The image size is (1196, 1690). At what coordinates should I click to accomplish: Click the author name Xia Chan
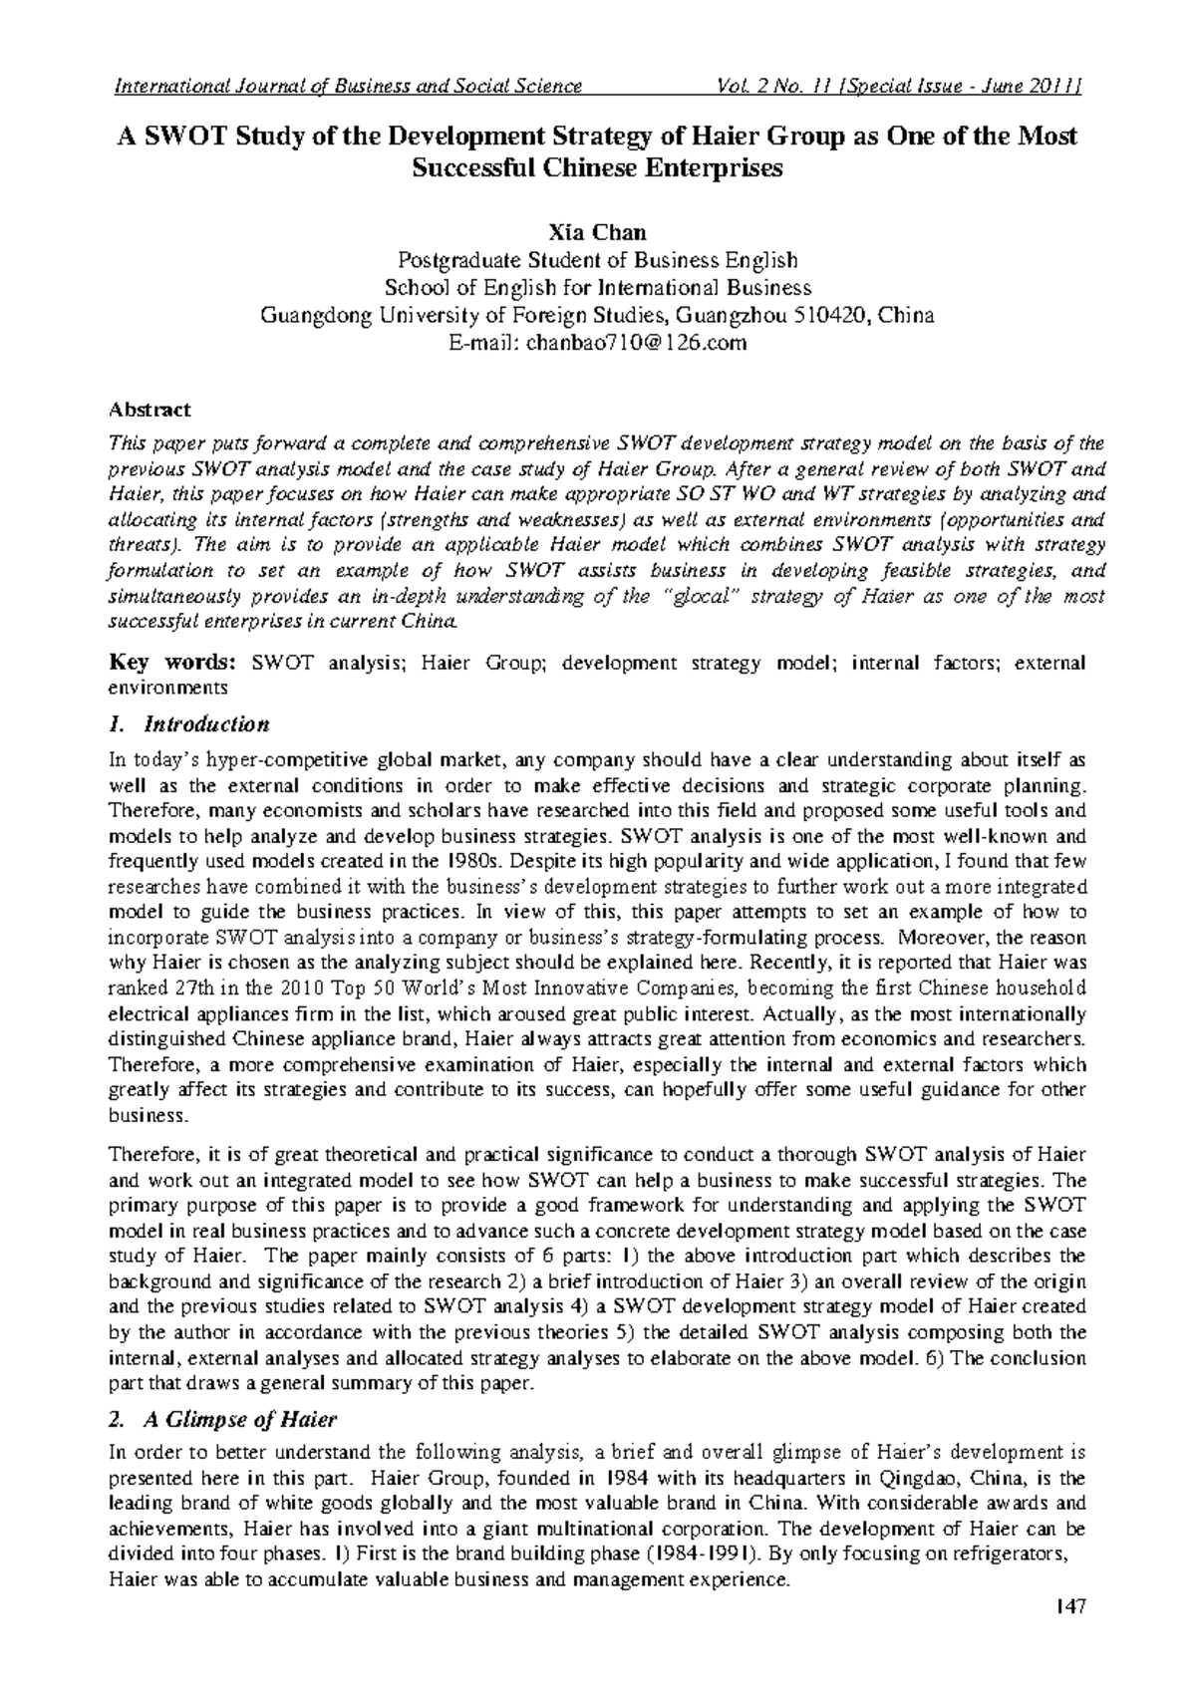597,233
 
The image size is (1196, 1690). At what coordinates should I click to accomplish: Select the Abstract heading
149,410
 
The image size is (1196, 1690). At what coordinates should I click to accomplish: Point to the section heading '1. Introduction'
188,723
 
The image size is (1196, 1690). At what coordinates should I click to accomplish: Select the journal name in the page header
349,86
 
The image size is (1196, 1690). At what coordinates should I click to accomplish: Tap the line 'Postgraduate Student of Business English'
597,261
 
